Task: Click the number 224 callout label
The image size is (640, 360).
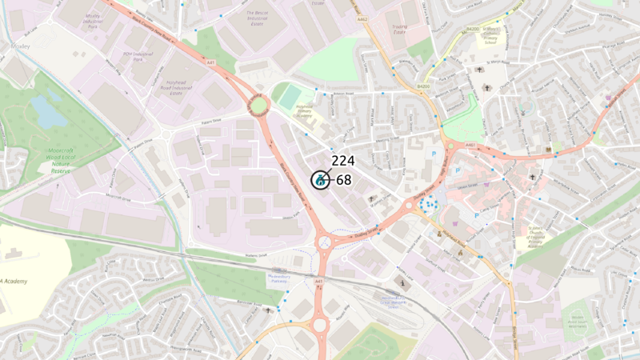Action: [342, 161]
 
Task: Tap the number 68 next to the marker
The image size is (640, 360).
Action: [344, 180]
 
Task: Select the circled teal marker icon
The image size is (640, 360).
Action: [319, 180]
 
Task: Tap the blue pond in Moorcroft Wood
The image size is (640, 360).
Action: [48, 111]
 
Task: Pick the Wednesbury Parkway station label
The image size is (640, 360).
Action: [280, 279]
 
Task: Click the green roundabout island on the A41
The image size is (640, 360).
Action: [257, 105]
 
